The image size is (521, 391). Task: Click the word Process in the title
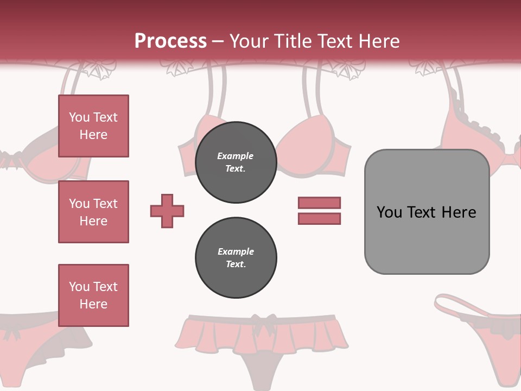(x=170, y=41)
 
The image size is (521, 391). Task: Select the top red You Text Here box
(x=93, y=126)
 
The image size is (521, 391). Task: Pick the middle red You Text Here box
(x=93, y=212)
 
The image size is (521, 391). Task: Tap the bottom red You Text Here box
(x=93, y=295)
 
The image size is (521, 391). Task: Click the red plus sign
(x=167, y=211)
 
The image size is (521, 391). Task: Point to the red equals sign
(x=319, y=211)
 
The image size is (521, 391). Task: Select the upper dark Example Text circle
(x=236, y=162)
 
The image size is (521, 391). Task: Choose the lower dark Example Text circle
(x=236, y=258)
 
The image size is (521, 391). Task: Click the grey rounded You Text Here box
(x=427, y=212)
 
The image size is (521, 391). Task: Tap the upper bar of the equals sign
(x=319, y=203)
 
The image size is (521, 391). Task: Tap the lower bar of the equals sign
(x=319, y=218)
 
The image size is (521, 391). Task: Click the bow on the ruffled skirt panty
(x=266, y=321)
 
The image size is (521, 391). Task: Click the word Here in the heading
(x=380, y=41)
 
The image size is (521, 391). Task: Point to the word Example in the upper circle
(x=236, y=156)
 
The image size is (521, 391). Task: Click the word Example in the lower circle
(x=236, y=251)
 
